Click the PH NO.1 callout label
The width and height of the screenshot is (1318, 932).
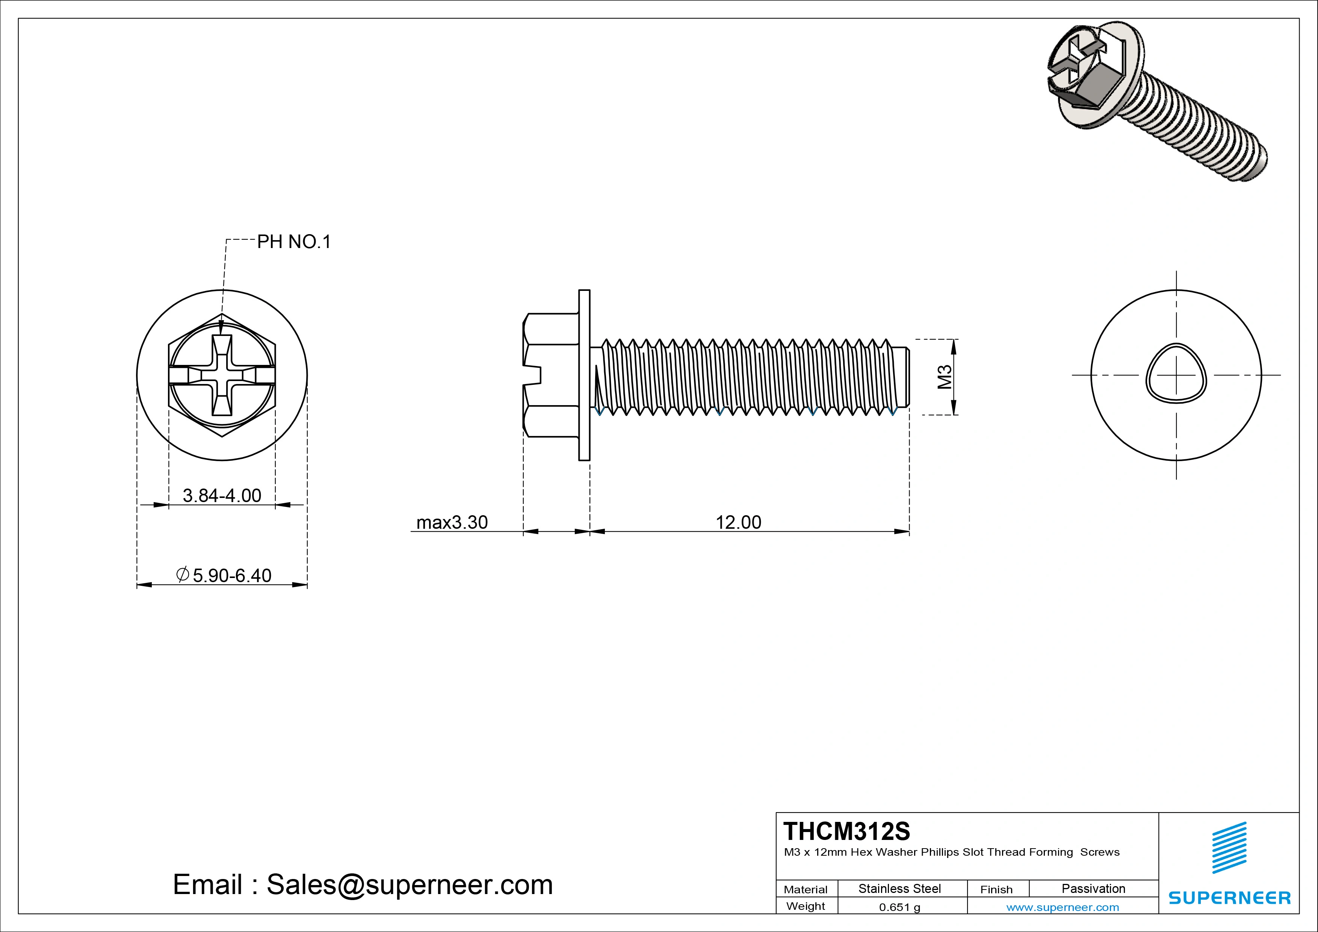pos(294,242)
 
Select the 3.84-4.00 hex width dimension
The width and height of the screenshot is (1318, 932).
pos(222,495)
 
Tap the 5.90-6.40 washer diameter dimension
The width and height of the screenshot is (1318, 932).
pos(231,575)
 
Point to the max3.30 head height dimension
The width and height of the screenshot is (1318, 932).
pos(452,522)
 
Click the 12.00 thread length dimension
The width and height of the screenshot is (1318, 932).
pos(738,522)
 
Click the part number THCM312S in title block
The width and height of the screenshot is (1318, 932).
pos(847,831)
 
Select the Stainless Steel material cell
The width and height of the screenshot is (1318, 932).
pos(899,888)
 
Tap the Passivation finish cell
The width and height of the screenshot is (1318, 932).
pos(1093,888)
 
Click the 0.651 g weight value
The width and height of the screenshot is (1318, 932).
pos(899,907)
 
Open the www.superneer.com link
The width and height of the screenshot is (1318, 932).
pos(1063,907)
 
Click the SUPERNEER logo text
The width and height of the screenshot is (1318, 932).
pos(1230,897)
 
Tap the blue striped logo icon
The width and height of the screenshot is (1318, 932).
pos(1229,847)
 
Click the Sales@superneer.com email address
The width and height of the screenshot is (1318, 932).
pos(409,884)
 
